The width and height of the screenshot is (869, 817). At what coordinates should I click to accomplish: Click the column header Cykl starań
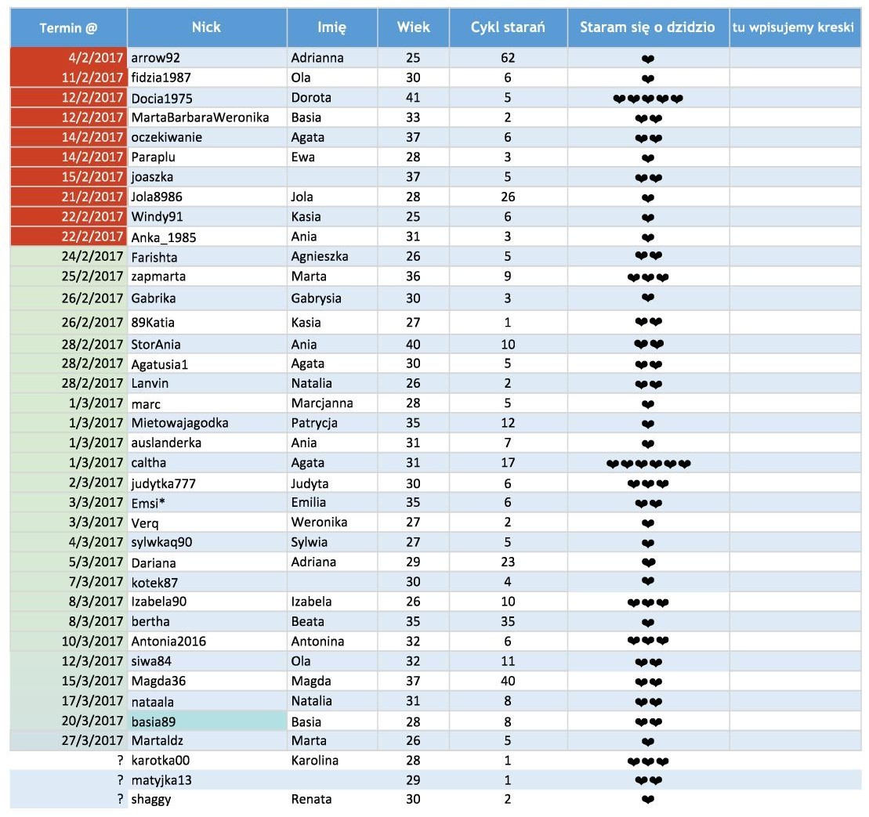[x=508, y=27]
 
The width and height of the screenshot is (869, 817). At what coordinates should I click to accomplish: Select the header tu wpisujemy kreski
[x=793, y=27]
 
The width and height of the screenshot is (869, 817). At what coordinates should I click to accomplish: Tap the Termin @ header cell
[x=69, y=27]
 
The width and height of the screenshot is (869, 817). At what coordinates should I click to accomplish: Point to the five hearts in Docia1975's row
[x=648, y=98]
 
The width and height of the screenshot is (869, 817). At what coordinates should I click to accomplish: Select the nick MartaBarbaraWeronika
[x=201, y=117]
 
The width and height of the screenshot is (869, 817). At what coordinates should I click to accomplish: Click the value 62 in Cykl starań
[x=508, y=58]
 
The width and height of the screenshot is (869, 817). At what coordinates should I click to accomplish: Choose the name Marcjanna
[x=322, y=403]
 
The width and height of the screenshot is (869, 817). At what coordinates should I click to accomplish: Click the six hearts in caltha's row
[x=648, y=463]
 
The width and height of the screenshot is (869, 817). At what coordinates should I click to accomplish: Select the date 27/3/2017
[x=92, y=740]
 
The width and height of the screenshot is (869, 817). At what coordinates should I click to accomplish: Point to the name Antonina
[x=317, y=642]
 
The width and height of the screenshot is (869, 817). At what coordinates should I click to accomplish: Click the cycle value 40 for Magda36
[x=508, y=681]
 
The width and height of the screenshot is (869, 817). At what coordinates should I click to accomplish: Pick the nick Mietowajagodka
[x=180, y=423]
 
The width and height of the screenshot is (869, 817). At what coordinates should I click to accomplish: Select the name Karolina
[x=315, y=760]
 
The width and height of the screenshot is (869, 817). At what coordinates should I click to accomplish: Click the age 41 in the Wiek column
[x=414, y=98]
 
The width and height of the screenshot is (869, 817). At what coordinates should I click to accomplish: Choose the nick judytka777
[x=164, y=483]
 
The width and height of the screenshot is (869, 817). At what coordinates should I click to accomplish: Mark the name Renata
[x=311, y=799]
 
